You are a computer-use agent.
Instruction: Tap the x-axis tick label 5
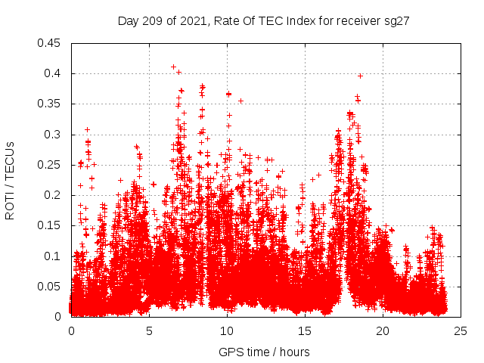[149, 331]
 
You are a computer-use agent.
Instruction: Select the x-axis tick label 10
[227, 331]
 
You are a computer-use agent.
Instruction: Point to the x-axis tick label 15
[305, 331]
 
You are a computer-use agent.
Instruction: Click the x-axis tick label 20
[383, 331]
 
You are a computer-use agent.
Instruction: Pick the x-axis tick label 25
[461, 331]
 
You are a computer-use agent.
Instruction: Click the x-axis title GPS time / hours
[264, 352]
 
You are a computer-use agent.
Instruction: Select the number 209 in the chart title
[153, 20]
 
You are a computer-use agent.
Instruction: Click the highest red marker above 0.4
[173, 67]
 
